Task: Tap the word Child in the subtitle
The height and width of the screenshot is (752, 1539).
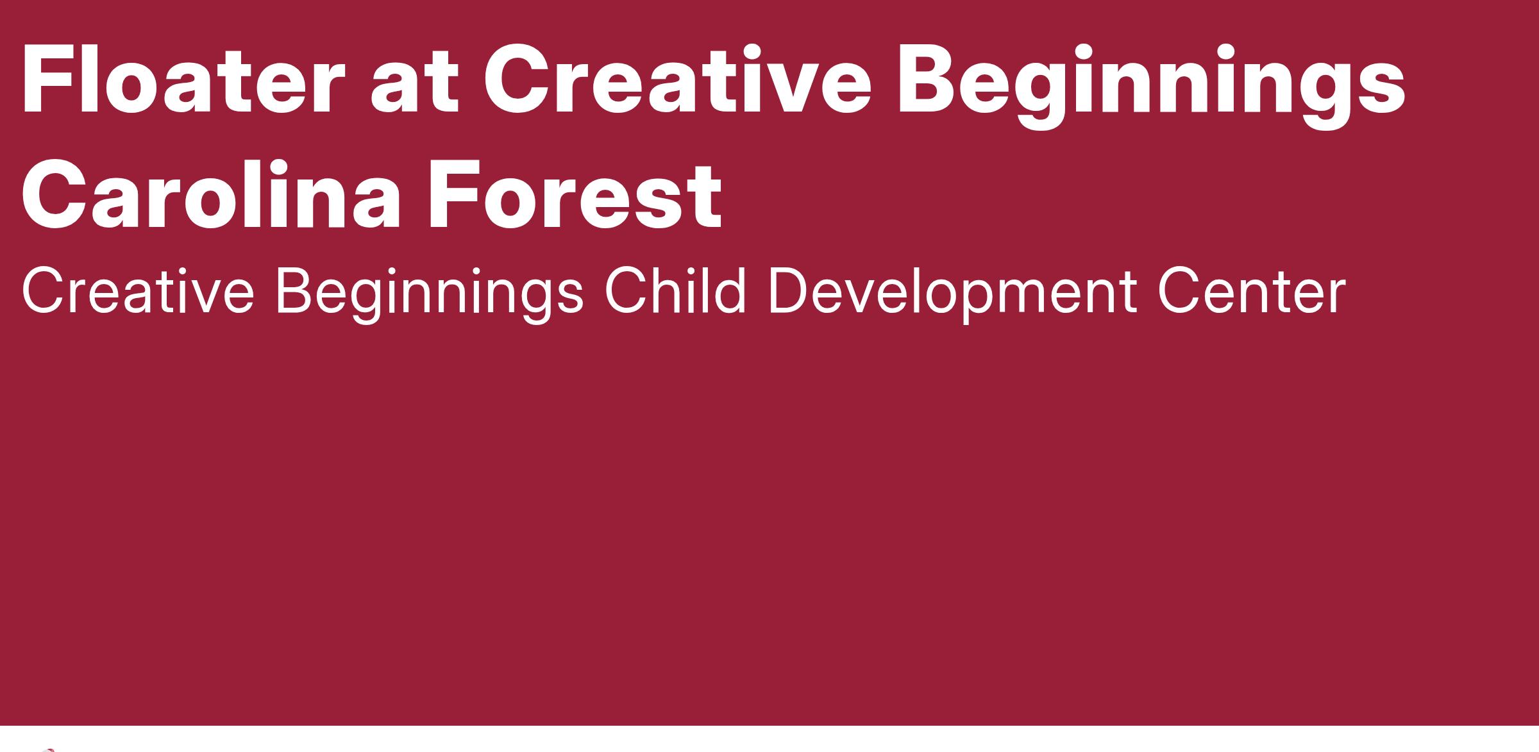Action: [676, 292]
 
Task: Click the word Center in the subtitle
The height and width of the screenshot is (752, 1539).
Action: [1251, 292]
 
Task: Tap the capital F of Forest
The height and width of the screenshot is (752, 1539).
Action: [455, 194]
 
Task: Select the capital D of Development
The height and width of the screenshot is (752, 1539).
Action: [790, 292]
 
